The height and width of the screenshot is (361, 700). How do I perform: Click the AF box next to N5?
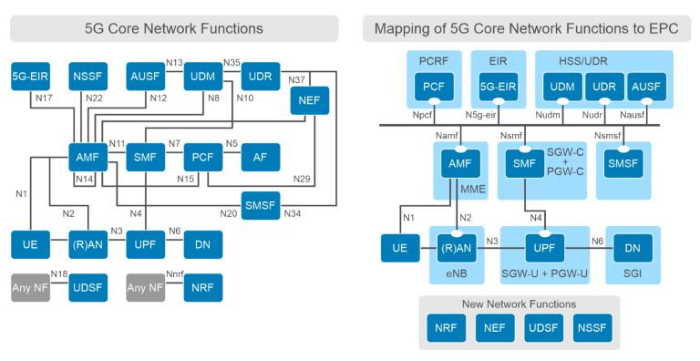pos(261,157)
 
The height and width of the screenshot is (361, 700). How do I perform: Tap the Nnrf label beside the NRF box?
pos(173,273)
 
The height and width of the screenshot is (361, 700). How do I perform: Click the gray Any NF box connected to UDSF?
pos(30,287)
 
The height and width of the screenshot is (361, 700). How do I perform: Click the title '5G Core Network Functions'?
pos(173,28)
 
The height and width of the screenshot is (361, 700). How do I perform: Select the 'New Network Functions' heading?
pos(519,304)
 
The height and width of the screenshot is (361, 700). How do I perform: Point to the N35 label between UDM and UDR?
pos(232,62)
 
